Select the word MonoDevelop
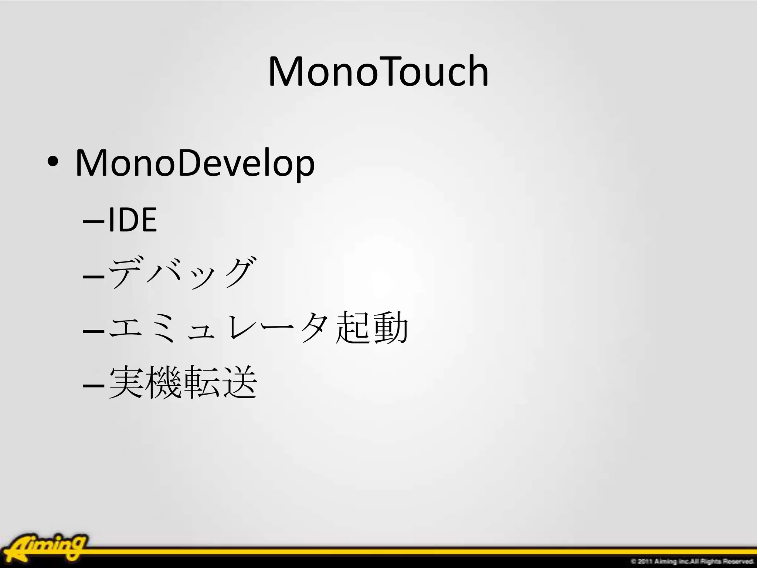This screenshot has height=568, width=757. [x=195, y=163]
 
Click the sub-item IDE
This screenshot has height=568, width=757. [x=133, y=220]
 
